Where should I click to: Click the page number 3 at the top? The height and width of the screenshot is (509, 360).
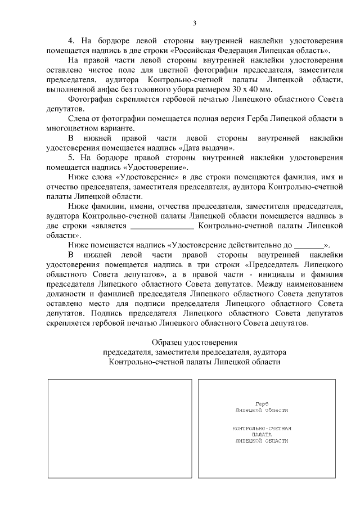194,23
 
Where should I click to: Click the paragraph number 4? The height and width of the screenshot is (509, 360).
71,41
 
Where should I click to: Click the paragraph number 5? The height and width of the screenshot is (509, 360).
71,158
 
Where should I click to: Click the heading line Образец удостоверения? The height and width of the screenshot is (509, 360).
195,343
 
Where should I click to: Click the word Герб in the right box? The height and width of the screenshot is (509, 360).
261,404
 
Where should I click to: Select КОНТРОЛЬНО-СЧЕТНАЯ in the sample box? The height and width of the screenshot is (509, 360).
262,429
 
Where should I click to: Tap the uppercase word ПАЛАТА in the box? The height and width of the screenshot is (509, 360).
262,435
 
